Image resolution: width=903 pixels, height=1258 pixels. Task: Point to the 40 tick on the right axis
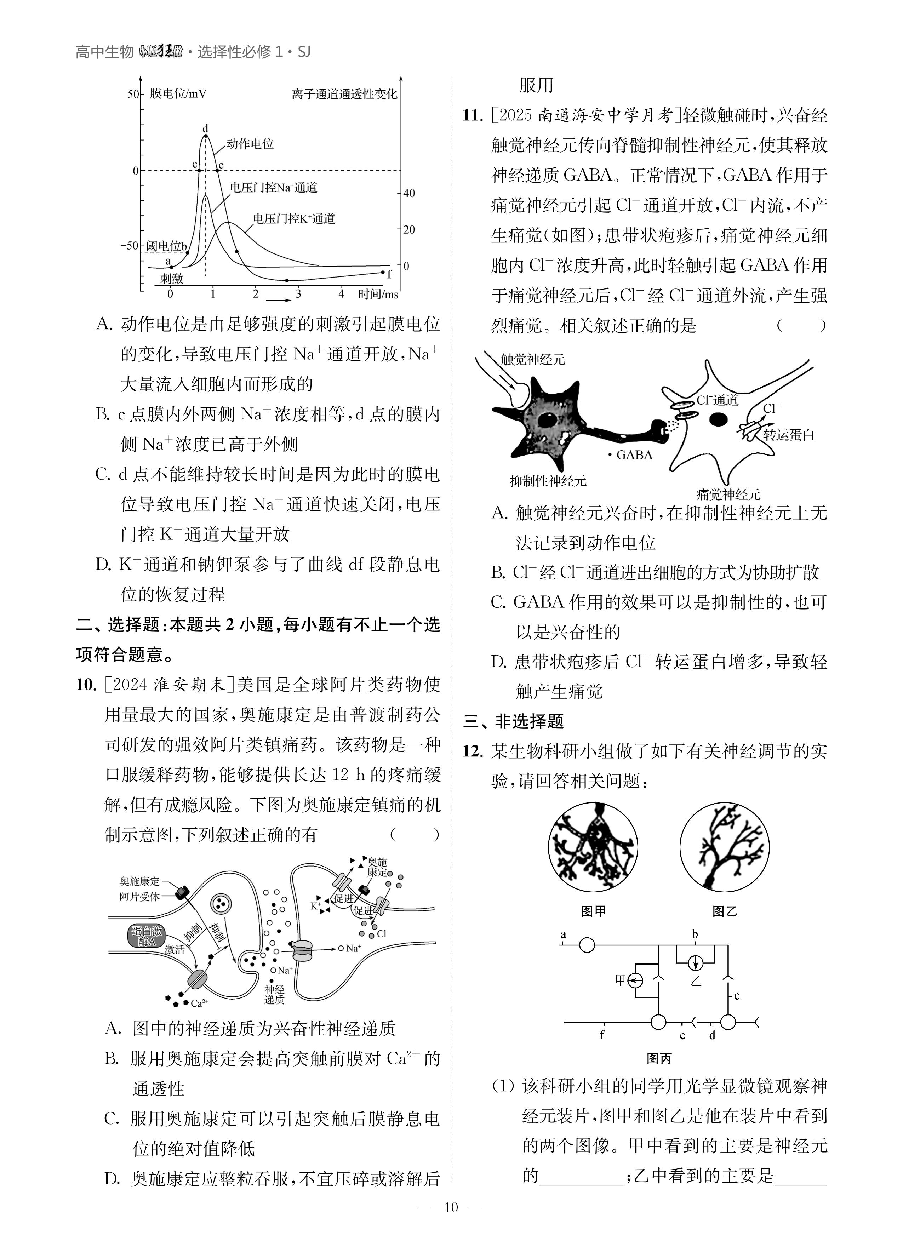click(x=409, y=193)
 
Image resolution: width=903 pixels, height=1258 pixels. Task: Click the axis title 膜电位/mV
click(x=177, y=94)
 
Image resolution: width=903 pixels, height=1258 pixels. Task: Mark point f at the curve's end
click(x=383, y=272)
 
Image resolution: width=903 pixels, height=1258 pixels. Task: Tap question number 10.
click(x=86, y=685)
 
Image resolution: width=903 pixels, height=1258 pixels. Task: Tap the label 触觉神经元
click(x=532, y=359)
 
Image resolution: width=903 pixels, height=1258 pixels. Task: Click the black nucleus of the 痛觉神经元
click(x=719, y=419)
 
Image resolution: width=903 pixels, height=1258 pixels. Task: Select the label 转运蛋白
click(x=788, y=435)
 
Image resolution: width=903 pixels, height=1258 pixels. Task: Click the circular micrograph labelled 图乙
click(x=724, y=847)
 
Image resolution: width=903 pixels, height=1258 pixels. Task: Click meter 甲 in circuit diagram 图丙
click(x=636, y=980)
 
